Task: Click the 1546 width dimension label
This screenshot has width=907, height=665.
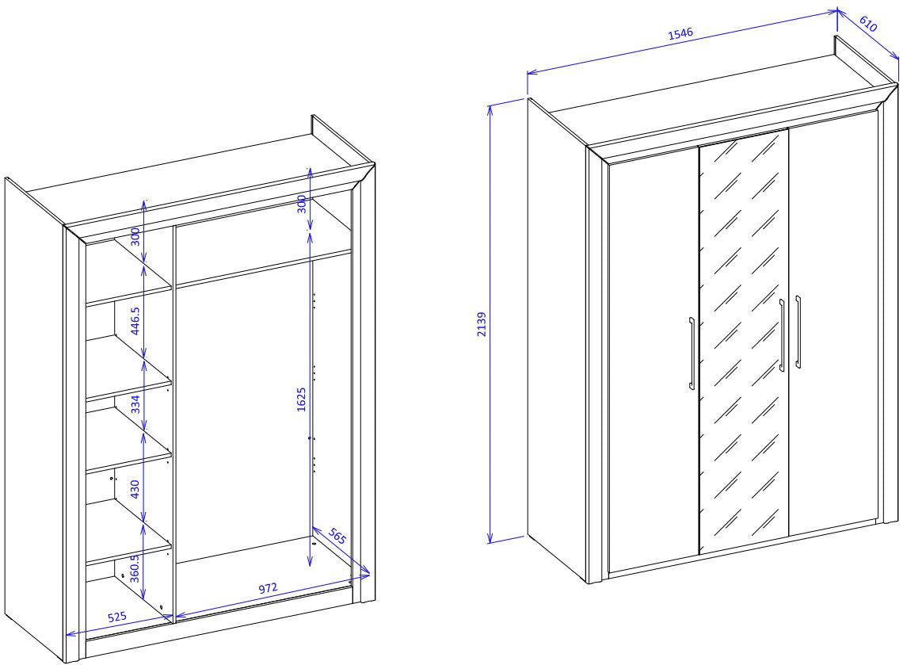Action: (x=680, y=33)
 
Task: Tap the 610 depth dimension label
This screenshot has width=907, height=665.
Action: (x=869, y=24)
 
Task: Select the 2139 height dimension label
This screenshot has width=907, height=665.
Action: (x=482, y=324)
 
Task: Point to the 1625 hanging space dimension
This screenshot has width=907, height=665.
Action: (x=301, y=399)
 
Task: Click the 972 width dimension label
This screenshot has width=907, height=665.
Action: (x=268, y=589)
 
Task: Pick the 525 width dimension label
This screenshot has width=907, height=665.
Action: (x=117, y=617)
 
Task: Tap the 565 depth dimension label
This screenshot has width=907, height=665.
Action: (x=337, y=536)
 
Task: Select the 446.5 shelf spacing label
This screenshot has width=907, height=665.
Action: (x=135, y=321)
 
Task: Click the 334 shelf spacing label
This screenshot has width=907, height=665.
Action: (x=135, y=404)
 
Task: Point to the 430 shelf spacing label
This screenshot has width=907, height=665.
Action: (x=135, y=490)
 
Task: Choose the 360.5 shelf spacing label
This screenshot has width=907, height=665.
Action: (x=134, y=568)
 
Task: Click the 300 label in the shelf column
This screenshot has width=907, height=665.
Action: (x=135, y=237)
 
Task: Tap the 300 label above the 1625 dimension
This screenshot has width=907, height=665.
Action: (x=301, y=204)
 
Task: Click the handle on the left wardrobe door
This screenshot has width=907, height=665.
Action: (x=692, y=353)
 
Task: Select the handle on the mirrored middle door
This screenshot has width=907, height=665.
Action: (x=782, y=335)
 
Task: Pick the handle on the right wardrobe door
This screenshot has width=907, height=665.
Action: (x=798, y=331)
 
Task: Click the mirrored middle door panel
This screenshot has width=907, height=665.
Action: (x=744, y=342)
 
